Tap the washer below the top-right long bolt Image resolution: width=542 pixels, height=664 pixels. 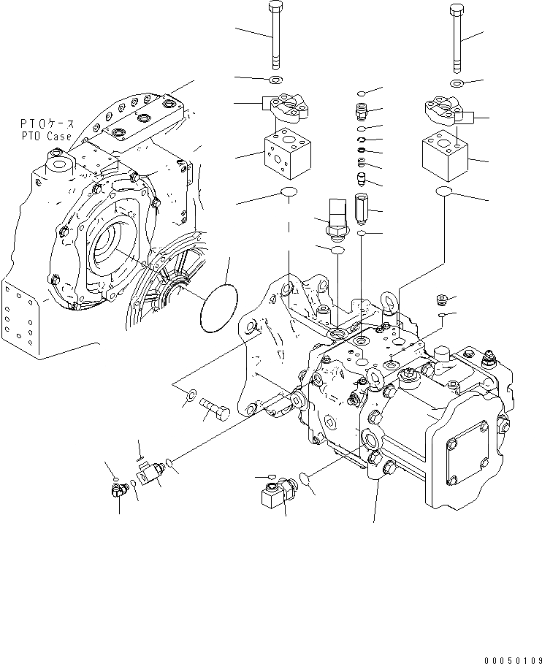click(x=457, y=85)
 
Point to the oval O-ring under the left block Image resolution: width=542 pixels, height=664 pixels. click(x=289, y=193)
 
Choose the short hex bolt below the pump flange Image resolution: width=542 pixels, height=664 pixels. click(x=213, y=411)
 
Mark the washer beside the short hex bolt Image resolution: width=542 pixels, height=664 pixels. click(x=188, y=397)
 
